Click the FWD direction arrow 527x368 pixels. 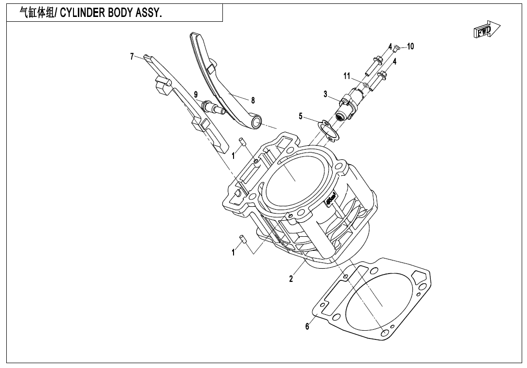(x=486, y=31)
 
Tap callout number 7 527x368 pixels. (x=132, y=56)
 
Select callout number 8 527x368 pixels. (x=253, y=100)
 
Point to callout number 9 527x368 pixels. (x=196, y=94)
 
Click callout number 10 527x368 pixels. (x=410, y=46)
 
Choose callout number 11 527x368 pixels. (x=347, y=76)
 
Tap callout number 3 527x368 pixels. (x=325, y=93)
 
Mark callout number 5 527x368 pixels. (x=300, y=116)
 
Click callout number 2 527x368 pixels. (x=291, y=279)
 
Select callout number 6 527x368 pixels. (x=307, y=327)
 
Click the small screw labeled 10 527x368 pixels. (x=396, y=48)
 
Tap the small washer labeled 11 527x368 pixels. (x=366, y=85)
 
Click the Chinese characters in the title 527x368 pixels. (x=37, y=13)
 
